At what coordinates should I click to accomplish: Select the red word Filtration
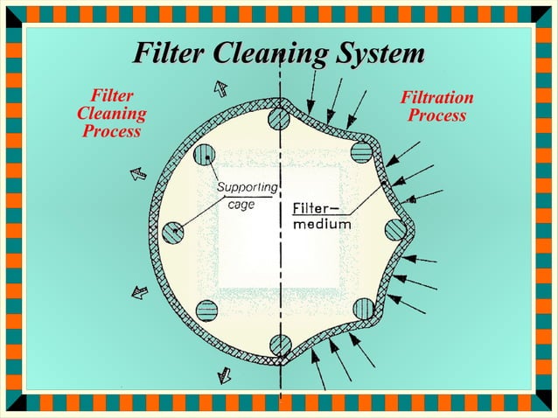(x=436, y=98)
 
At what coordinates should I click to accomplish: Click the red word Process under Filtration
(x=436, y=115)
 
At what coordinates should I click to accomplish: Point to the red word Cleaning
(x=111, y=114)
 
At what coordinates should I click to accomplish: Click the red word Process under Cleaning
(x=111, y=131)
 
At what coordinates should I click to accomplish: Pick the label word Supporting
(x=247, y=187)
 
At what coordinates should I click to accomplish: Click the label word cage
(x=241, y=206)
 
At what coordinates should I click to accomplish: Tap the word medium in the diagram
(x=321, y=224)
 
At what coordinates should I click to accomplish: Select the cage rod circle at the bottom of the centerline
(x=280, y=344)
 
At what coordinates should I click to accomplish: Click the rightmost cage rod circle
(x=396, y=230)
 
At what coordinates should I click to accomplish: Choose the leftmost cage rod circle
(x=173, y=232)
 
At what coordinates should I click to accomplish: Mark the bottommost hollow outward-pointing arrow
(x=224, y=374)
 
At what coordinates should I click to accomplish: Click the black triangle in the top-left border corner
(x=14, y=14)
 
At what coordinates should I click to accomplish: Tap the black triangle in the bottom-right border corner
(x=544, y=403)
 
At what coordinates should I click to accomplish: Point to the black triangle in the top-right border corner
(x=544, y=14)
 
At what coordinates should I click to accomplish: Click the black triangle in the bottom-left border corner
(x=14, y=403)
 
